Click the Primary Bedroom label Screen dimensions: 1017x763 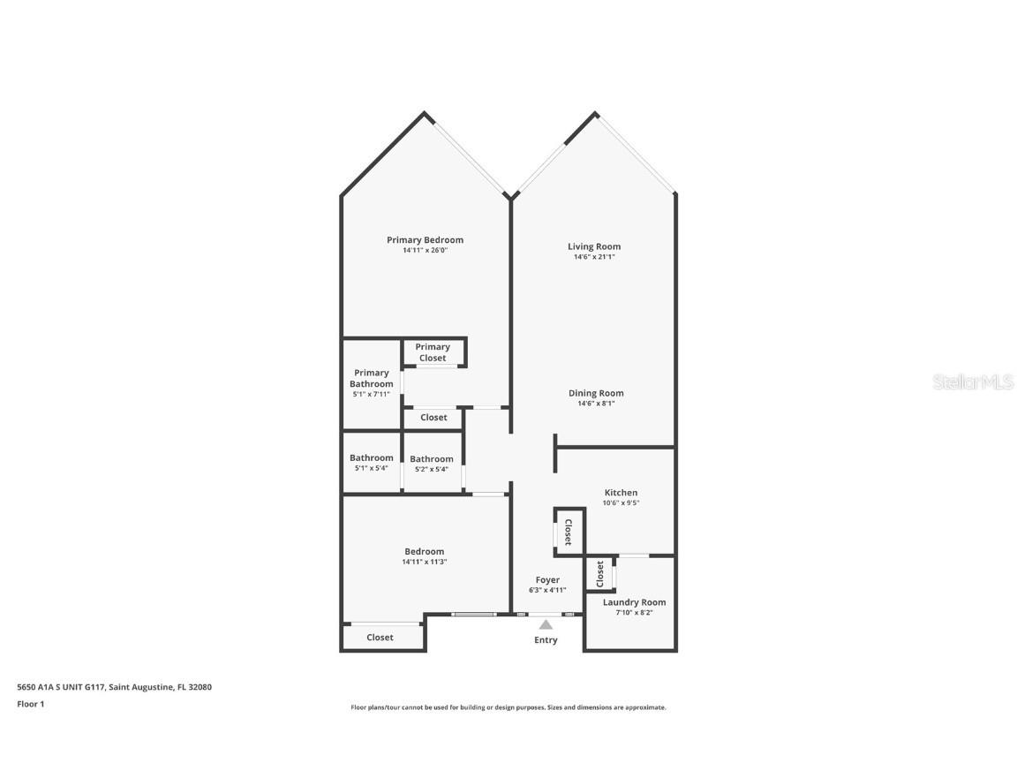(425, 240)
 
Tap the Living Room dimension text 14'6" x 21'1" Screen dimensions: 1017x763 (594, 257)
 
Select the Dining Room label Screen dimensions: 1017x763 (596, 393)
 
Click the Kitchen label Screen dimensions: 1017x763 (621, 493)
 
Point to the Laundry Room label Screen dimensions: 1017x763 (635, 602)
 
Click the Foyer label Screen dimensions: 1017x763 (547, 580)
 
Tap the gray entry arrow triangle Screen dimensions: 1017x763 (546, 625)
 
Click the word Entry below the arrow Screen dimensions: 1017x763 (546, 639)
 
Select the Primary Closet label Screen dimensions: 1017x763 (433, 352)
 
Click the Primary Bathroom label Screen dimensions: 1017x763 (371, 378)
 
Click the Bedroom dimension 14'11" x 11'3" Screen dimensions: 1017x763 (424, 562)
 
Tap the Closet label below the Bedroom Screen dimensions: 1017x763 (380, 637)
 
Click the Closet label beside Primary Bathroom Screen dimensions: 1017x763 (434, 417)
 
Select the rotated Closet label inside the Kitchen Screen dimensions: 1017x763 (569, 532)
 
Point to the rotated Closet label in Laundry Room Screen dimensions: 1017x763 (600, 574)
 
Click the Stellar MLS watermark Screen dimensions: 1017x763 (973, 381)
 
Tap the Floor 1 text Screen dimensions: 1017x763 (31, 704)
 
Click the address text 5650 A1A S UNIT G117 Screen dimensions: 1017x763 (61, 687)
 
